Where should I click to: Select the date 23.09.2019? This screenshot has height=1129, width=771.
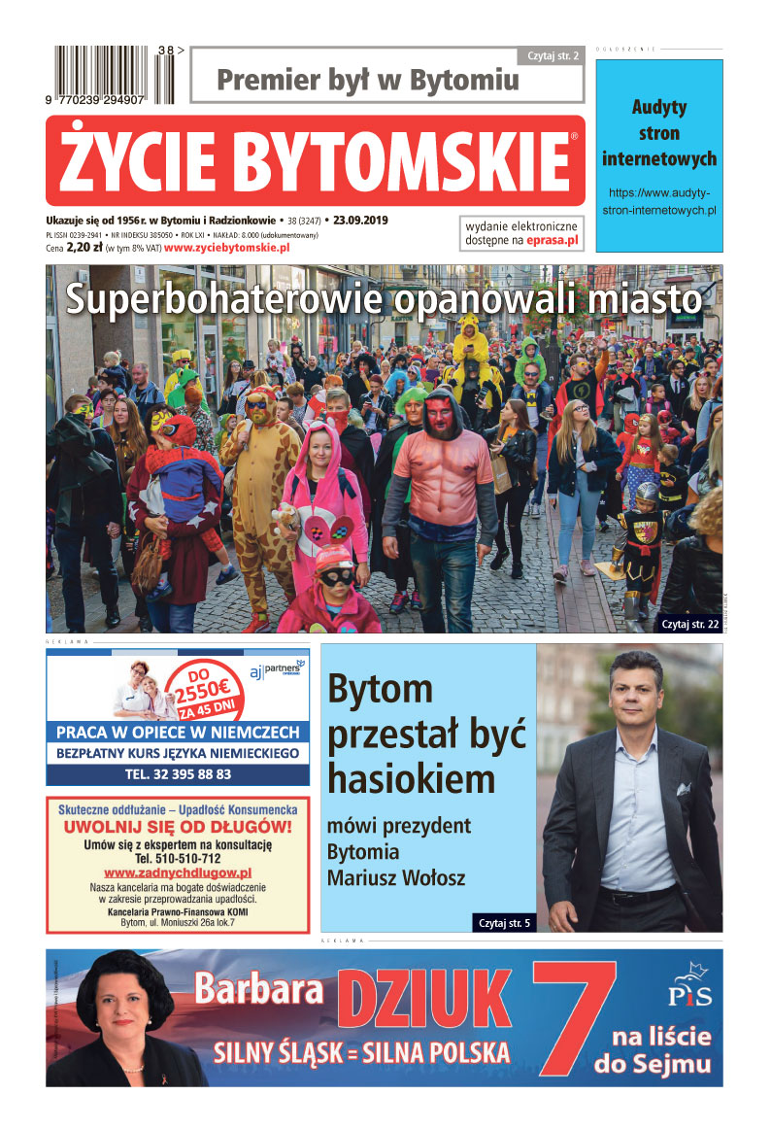360,221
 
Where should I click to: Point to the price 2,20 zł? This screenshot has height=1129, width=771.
84,249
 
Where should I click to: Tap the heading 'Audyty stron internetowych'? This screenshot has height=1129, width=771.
659,133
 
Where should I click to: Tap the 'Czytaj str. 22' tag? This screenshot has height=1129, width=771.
689,624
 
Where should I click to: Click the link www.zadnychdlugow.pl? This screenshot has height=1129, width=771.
178,873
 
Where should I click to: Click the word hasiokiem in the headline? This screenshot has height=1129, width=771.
412,778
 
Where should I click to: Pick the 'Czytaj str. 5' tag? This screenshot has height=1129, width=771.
504,922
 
